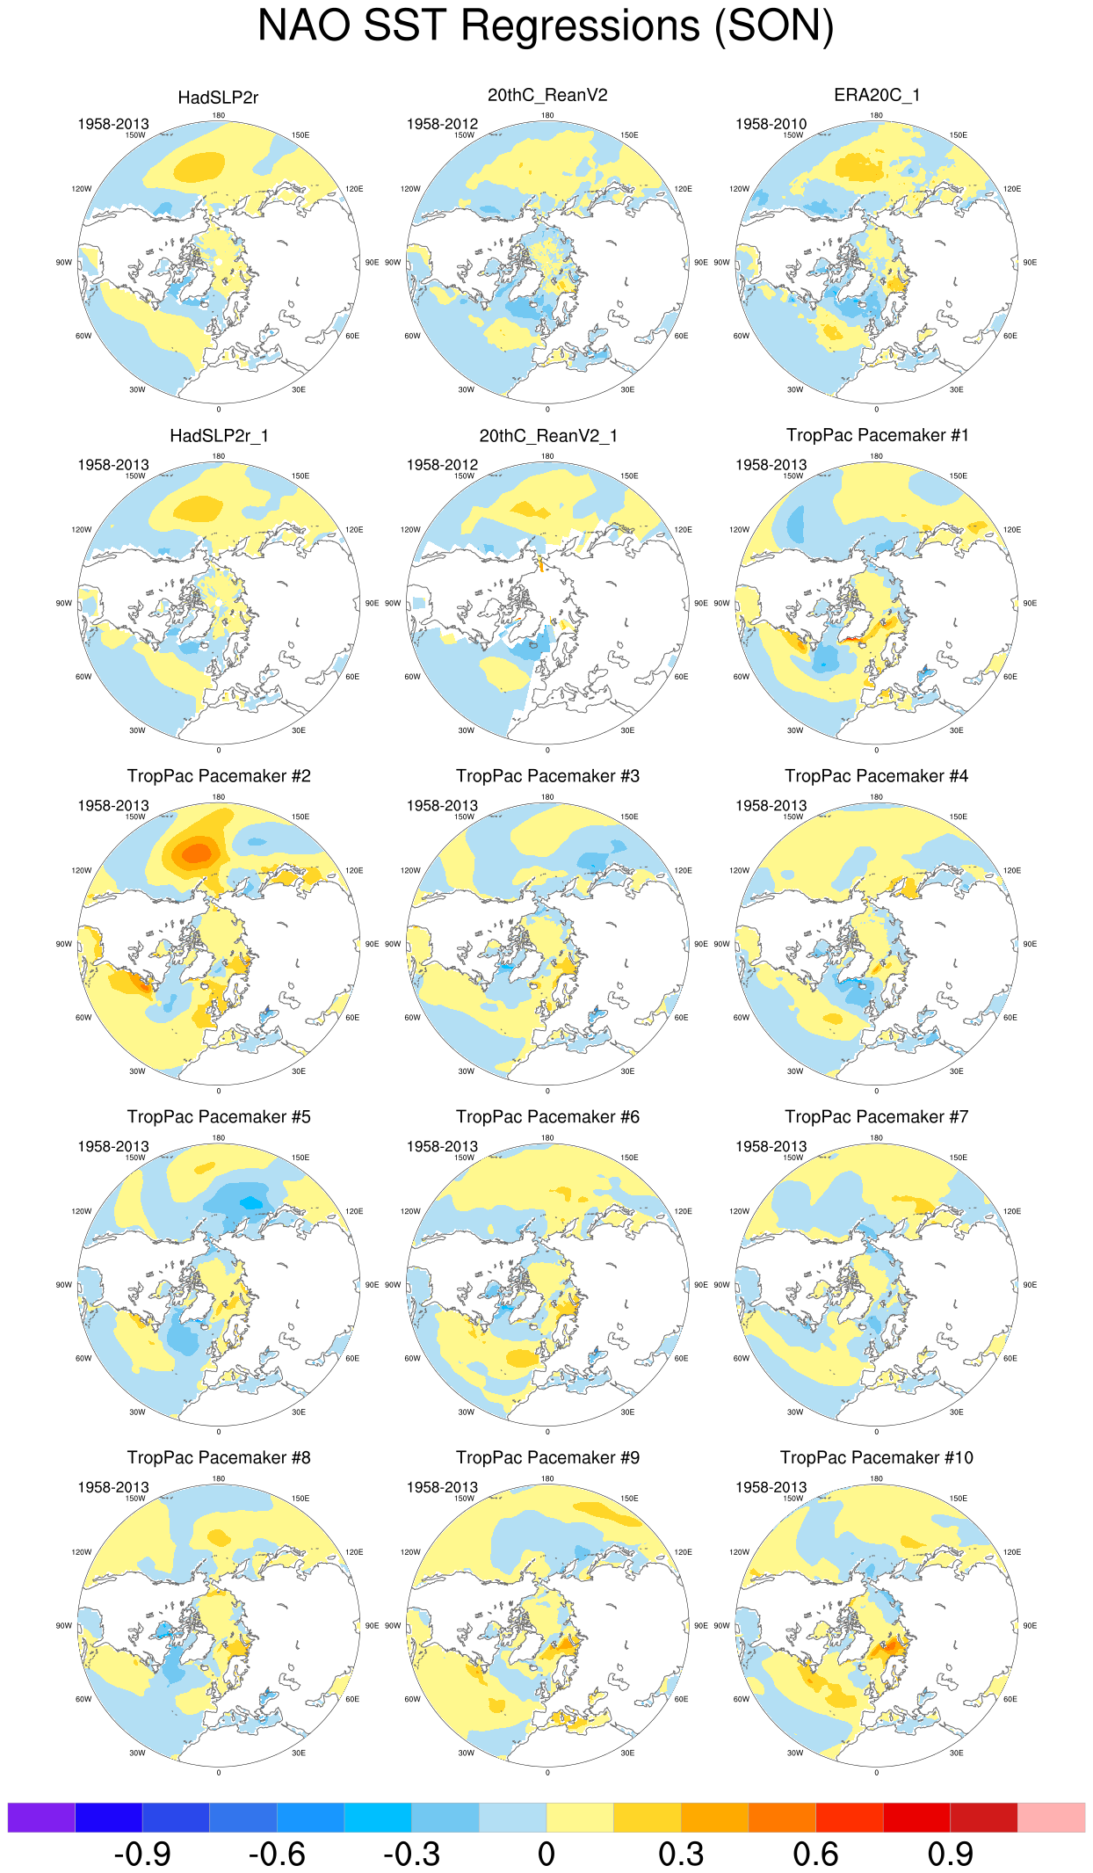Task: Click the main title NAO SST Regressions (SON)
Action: click(546, 26)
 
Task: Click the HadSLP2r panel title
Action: click(218, 98)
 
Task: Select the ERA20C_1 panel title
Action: click(876, 95)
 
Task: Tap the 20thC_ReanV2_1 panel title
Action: click(547, 436)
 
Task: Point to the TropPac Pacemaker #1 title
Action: click(876, 435)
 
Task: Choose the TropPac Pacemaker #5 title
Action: click(218, 1117)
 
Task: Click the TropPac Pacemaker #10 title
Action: click(876, 1457)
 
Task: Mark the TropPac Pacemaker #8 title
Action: click(218, 1457)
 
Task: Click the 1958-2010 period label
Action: click(771, 124)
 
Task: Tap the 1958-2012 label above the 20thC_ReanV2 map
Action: click(442, 124)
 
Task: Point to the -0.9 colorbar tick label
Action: click(142, 1855)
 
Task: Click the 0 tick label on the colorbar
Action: click(546, 1855)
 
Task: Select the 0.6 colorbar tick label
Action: click(814, 1855)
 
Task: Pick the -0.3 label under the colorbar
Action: click(411, 1855)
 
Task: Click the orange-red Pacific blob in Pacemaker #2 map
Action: click(196, 852)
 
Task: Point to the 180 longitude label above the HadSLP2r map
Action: click(218, 115)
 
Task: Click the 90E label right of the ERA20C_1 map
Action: click(1029, 263)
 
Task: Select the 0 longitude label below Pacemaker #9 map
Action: click(547, 1773)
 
